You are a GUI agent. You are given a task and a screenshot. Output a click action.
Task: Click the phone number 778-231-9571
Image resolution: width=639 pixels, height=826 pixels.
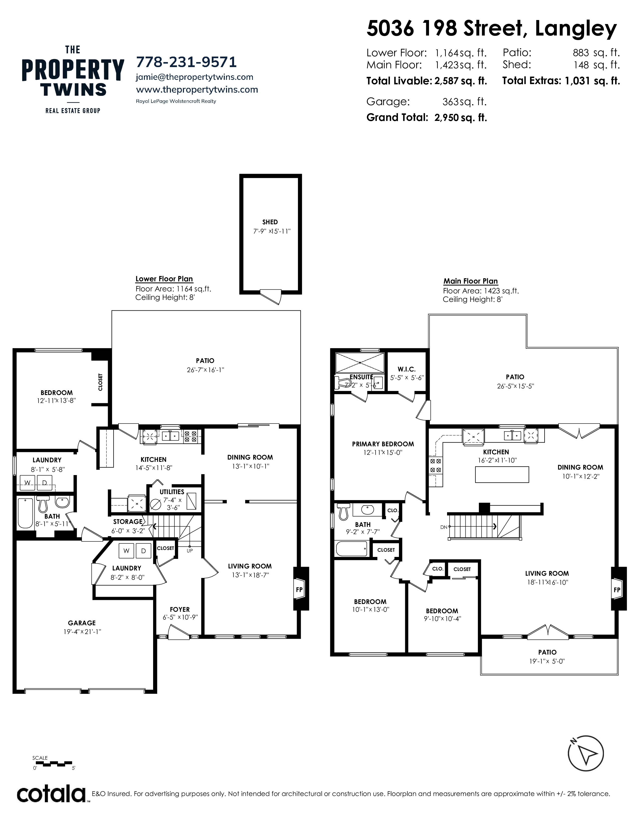[186, 62]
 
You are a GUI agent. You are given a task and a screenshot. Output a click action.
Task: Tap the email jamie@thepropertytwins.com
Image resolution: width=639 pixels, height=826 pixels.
[194, 77]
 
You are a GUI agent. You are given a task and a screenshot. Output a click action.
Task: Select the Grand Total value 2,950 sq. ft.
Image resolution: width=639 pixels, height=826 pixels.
[461, 118]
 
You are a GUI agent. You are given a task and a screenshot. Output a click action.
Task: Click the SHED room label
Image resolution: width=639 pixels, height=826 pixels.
[270, 222]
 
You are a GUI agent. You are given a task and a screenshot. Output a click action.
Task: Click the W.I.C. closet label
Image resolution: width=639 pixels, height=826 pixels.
[406, 369]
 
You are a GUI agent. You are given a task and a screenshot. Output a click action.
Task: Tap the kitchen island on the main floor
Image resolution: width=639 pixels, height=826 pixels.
[502, 475]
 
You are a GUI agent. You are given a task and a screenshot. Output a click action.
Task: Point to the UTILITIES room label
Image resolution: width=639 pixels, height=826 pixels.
[172, 492]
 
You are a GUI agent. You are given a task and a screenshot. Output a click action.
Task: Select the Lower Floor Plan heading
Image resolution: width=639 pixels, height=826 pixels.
[164, 279]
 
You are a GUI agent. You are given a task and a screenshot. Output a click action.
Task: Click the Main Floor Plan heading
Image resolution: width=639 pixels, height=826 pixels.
[471, 281]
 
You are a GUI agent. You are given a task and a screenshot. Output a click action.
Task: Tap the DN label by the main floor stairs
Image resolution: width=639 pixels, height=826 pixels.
[444, 527]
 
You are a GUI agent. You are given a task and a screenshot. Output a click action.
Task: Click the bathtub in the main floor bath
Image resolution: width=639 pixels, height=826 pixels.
[351, 549]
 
